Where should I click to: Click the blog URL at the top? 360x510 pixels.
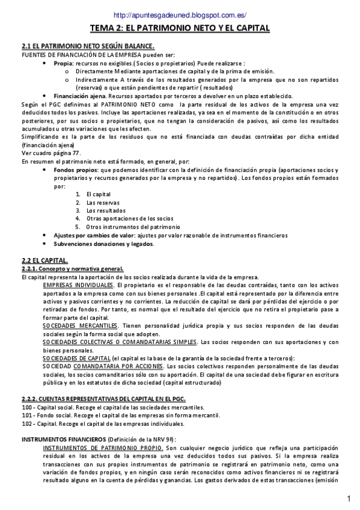click(x=180, y=15)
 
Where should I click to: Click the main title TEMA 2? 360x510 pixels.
click(x=180, y=28)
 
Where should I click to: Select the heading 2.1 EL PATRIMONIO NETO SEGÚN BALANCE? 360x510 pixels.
click(x=88, y=46)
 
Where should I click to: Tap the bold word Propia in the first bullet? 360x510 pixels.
click(x=63, y=62)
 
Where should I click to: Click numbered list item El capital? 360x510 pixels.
click(x=99, y=194)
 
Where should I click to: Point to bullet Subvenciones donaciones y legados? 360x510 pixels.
click(x=103, y=244)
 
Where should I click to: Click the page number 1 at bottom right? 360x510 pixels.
click(x=349, y=499)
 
